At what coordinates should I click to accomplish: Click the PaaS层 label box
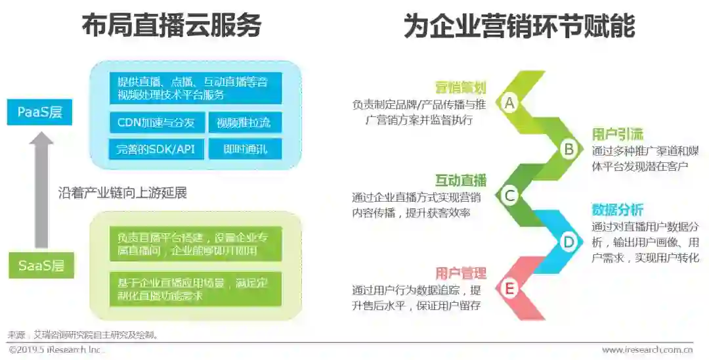click(39, 112)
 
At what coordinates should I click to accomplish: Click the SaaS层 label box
click(41, 265)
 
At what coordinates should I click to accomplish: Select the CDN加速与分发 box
click(156, 122)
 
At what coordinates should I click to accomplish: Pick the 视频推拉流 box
click(244, 122)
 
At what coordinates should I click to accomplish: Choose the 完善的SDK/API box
click(156, 148)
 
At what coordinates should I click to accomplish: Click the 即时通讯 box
click(244, 148)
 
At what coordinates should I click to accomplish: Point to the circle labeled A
click(509, 102)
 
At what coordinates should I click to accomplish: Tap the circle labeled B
click(568, 149)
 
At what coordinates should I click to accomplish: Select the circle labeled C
click(509, 195)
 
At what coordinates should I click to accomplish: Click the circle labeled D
click(568, 242)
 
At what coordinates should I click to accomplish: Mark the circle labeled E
click(509, 288)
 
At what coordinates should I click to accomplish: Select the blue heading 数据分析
click(617, 210)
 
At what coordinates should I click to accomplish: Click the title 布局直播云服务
click(171, 26)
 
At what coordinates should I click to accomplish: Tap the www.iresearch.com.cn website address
click(647, 349)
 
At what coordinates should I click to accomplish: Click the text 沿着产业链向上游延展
click(123, 193)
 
